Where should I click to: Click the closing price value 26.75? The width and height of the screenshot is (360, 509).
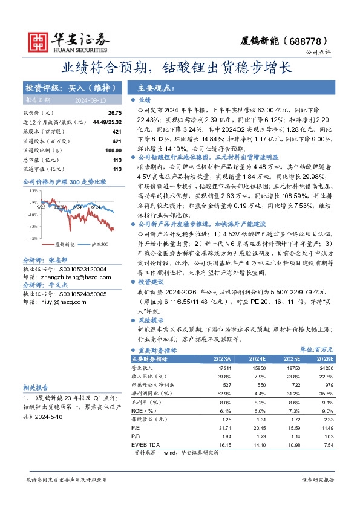click(114, 113)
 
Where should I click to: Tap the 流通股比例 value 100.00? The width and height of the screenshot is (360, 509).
click(113, 150)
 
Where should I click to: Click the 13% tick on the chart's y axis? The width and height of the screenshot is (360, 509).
click(34, 191)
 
